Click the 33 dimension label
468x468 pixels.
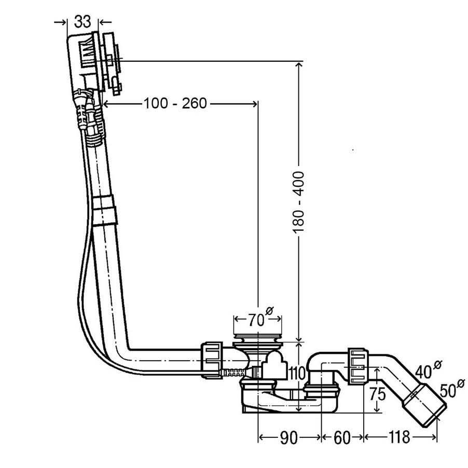pyautogui.click(x=82, y=21)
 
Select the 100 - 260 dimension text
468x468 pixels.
pyautogui.click(x=175, y=104)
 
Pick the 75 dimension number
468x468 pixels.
pyautogui.click(x=378, y=395)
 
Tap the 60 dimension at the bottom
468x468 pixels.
pyautogui.click(x=341, y=438)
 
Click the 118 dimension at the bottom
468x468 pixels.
pyautogui.click(x=399, y=438)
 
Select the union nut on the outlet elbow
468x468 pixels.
pyautogui.click(x=357, y=366)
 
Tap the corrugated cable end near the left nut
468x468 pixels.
pyautogui.click(x=233, y=372)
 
